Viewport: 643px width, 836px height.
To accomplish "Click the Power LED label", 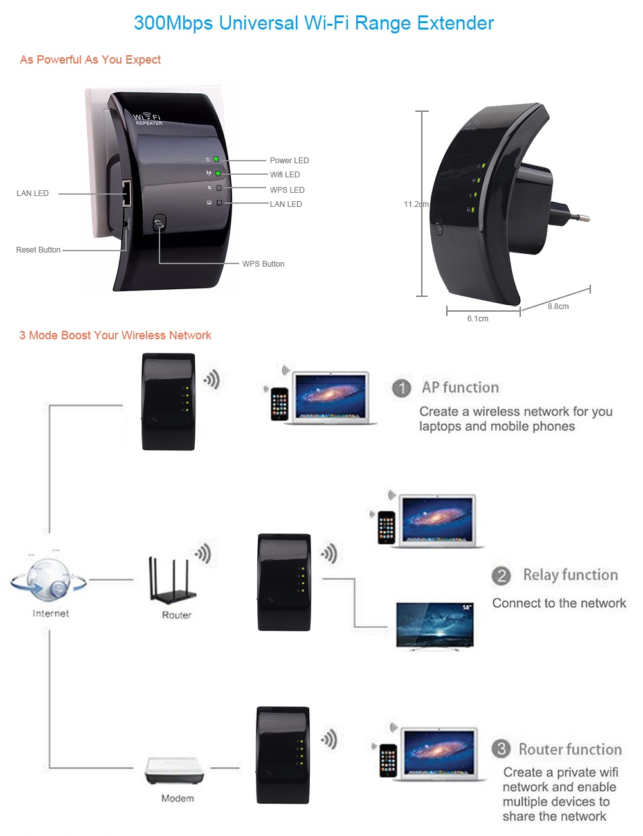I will click(289, 161).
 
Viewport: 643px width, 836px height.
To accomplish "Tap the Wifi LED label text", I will click(285, 175).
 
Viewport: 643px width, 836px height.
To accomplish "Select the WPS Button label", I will click(263, 264).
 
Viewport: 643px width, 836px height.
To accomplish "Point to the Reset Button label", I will click(39, 250).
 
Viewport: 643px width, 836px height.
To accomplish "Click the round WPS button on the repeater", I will click(159, 224).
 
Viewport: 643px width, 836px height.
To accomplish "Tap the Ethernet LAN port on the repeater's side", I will click(127, 193).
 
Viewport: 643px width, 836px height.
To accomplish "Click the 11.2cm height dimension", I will click(415, 204).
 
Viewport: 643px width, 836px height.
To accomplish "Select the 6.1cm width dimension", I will click(478, 319).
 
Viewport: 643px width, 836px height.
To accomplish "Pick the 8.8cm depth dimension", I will click(558, 307).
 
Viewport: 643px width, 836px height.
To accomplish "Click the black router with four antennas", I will click(172, 582).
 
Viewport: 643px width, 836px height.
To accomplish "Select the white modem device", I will click(175, 769).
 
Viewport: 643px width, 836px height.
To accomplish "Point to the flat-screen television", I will click(435, 625).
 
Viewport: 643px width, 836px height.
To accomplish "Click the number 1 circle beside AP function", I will click(402, 388).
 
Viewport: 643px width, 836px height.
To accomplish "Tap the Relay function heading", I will click(570, 575).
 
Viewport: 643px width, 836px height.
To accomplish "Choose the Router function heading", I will click(570, 749).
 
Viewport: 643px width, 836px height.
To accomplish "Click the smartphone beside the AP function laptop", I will click(279, 404).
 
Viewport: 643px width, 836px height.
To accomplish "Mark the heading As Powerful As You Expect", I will click(90, 60).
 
